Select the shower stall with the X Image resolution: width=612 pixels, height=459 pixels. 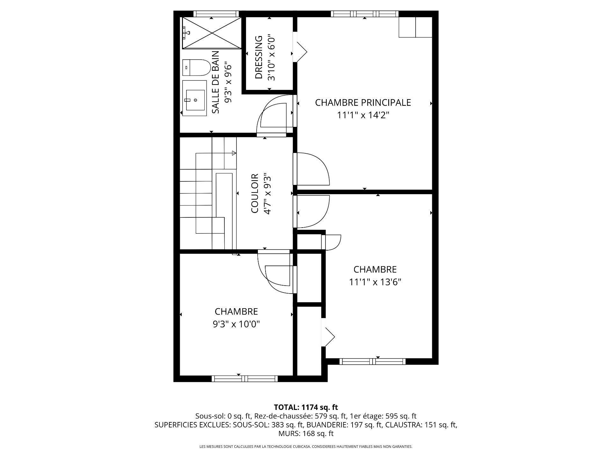(212, 33)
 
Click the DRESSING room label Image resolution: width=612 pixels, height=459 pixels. (259, 57)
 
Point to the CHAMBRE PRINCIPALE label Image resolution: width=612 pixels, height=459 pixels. (363, 102)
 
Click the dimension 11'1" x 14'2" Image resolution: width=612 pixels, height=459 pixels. (363, 115)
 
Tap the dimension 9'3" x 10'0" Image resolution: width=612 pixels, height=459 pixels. (236, 324)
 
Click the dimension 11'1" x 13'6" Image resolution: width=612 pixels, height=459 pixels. (375, 282)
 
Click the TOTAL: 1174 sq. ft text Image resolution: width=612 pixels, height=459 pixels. (306, 407)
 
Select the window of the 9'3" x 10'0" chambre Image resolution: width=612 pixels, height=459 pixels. (245, 379)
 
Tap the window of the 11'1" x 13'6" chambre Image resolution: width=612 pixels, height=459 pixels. (372, 361)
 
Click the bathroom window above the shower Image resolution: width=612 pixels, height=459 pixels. (216, 14)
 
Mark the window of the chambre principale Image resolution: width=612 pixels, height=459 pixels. (365, 14)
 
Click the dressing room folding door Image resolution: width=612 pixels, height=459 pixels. (301, 48)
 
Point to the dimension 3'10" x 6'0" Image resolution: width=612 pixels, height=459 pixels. (271, 57)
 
